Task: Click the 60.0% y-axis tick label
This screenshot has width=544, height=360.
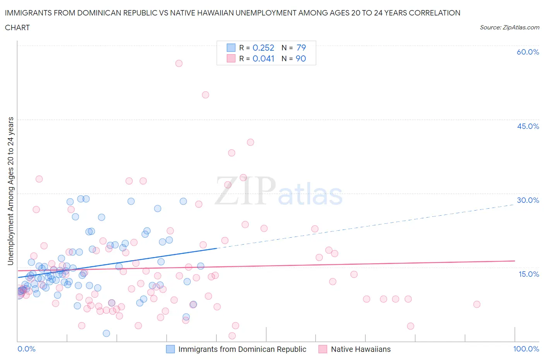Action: [x=528, y=52]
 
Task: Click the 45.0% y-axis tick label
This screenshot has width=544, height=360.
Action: [x=528, y=126]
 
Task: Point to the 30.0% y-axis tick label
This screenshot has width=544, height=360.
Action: [x=528, y=200]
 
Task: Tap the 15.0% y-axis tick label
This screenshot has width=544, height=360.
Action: [x=528, y=274]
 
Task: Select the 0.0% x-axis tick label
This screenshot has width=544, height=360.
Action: [x=26, y=349]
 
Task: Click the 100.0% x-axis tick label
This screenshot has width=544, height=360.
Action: [x=526, y=349]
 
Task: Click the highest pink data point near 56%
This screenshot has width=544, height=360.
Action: [x=179, y=63]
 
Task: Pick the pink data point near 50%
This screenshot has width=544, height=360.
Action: [x=205, y=95]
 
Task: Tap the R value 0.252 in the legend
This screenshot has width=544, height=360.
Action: [x=263, y=48]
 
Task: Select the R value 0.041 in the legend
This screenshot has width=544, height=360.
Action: [x=263, y=58]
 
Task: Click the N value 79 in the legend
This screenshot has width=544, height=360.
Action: [x=301, y=48]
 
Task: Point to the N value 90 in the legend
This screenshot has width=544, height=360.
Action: [x=301, y=58]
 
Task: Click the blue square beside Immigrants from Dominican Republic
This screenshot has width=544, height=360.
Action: [x=170, y=349]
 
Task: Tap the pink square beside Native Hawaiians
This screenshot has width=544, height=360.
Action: [x=323, y=349]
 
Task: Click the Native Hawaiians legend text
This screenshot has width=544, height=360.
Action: [x=361, y=349]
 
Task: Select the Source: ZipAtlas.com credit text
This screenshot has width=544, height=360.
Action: [x=509, y=27]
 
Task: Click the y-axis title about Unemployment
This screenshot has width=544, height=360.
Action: [x=10, y=191]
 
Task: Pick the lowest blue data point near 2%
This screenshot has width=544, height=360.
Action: [x=106, y=333]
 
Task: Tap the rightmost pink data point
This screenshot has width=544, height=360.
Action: [x=477, y=304]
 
